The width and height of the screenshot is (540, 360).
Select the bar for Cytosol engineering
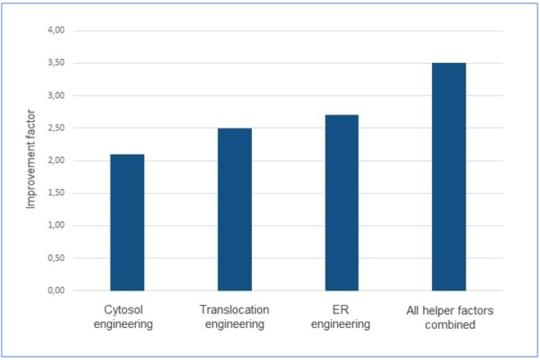pyautogui.click(x=127, y=223)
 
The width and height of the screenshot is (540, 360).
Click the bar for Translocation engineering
pyautogui.click(x=234, y=209)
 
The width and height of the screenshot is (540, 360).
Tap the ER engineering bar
pyautogui.click(x=341, y=203)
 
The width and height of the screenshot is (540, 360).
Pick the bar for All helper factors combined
pyautogui.click(x=448, y=177)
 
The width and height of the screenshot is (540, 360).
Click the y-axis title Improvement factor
pyautogui.click(x=30, y=160)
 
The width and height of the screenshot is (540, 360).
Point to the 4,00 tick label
pyautogui.click(x=64, y=30)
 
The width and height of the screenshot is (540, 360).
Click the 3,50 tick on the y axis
pyautogui.click(x=64, y=63)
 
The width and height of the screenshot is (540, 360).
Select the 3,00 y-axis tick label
pyautogui.click(x=64, y=96)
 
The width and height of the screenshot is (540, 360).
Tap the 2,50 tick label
pyautogui.click(x=64, y=128)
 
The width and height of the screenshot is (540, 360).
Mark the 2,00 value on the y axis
pyautogui.click(x=64, y=160)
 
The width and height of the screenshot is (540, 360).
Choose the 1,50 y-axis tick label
pyautogui.click(x=64, y=193)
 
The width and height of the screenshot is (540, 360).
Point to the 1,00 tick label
pyautogui.click(x=64, y=226)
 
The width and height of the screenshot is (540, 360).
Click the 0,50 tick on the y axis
pyautogui.click(x=64, y=259)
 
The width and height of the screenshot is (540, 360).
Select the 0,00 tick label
pyautogui.click(x=64, y=290)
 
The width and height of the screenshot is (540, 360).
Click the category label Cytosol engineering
pyautogui.click(x=127, y=317)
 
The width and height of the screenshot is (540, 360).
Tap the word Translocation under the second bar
pyautogui.click(x=234, y=310)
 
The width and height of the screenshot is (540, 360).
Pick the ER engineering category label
pyautogui.click(x=341, y=317)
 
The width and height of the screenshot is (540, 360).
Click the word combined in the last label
pyautogui.click(x=448, y=324)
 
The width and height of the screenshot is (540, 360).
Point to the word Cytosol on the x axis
pyautogui.click(x=127, y=310)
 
